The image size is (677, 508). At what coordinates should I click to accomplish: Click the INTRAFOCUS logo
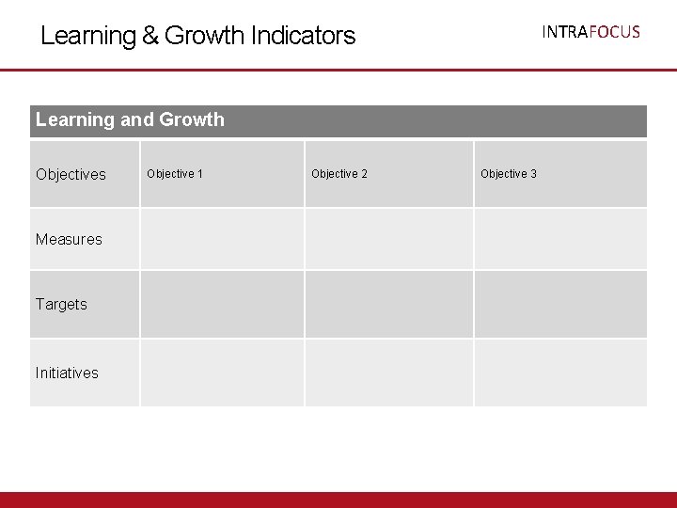click(590, 32)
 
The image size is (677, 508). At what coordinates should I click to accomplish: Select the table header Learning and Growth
click(130, 119)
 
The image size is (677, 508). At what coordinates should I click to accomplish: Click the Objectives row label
click(71, 174)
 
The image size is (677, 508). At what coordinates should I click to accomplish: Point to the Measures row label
click(69, 239)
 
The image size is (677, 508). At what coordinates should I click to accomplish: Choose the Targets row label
click(61, 304)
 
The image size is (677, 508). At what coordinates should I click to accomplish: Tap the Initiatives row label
click(67, 373)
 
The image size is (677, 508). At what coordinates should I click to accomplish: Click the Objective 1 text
click(175, 174)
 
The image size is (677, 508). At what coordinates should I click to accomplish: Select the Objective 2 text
click(339, 174)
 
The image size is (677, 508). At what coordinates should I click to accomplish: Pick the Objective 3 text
click(509, 174)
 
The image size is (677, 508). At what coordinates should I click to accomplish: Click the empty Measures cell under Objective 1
click(222, 239)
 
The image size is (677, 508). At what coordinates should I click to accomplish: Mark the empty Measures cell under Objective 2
click(388, 239)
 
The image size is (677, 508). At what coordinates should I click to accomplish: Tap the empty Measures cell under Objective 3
click(560, 239)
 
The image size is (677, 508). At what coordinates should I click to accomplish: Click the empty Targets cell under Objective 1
click(222, 304)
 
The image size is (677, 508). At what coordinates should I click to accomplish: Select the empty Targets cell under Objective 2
click(388, 304)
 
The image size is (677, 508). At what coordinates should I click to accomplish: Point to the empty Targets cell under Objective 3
click(560, 304)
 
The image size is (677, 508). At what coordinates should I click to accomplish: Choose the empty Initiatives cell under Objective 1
click(222, 373)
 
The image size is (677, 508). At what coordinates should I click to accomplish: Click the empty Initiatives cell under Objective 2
click(388, 373)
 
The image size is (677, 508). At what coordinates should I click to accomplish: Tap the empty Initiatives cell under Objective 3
click(560, 373)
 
